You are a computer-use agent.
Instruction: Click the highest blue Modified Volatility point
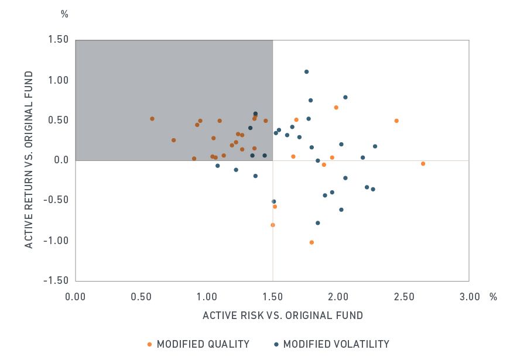(306, 71)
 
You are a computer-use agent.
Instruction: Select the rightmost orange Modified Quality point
(423, 164)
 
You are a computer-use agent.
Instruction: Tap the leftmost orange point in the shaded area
(152, 119)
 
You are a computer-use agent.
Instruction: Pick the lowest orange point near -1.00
(312, 242)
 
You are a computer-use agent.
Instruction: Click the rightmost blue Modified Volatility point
(375, 146)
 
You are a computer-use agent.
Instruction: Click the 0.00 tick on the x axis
(76, 296)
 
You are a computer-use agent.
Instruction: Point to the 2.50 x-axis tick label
(404, 296)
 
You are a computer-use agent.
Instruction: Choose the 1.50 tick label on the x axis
(273, 296)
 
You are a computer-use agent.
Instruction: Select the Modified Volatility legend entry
(336, 344)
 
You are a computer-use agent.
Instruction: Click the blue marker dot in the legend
(275, 344)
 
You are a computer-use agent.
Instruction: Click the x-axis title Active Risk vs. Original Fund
(283, 316)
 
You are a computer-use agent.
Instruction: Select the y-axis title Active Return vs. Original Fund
(29, 159)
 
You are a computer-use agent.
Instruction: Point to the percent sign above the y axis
(64, 14)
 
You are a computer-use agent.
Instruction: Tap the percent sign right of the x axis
(493, 296)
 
